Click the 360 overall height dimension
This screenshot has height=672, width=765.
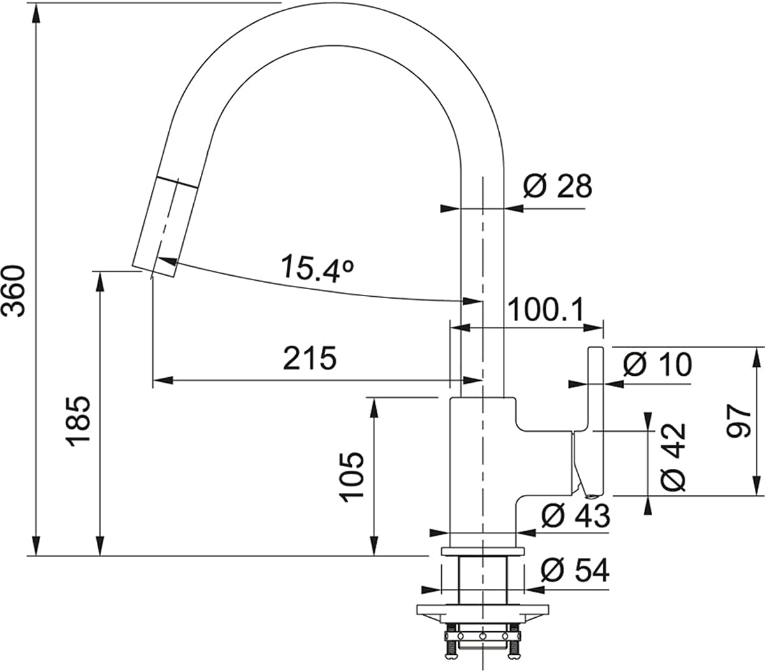[x=14, y=292]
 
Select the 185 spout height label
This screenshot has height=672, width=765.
[x=79, y=422]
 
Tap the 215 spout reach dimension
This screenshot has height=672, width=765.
[x=310, y=358]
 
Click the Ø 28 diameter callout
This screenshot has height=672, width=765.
[x=557, y=186]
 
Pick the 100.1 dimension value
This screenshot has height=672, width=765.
[x=546, y=310]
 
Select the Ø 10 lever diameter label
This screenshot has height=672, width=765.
[x=657, y=364]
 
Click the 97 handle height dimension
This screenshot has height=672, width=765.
[x=739, y=422]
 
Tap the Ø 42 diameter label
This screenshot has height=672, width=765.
[x=673, y=457]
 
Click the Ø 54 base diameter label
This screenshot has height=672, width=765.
[x=575, y=570]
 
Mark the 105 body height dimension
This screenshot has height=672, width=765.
[x=351, y=477]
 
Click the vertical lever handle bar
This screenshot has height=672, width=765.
[x=595, y=422]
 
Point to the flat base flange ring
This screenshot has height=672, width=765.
[x=483, y=551]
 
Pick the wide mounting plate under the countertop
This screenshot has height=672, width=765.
[x=483, y=610]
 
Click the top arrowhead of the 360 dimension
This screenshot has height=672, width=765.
[x=36, y=16]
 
